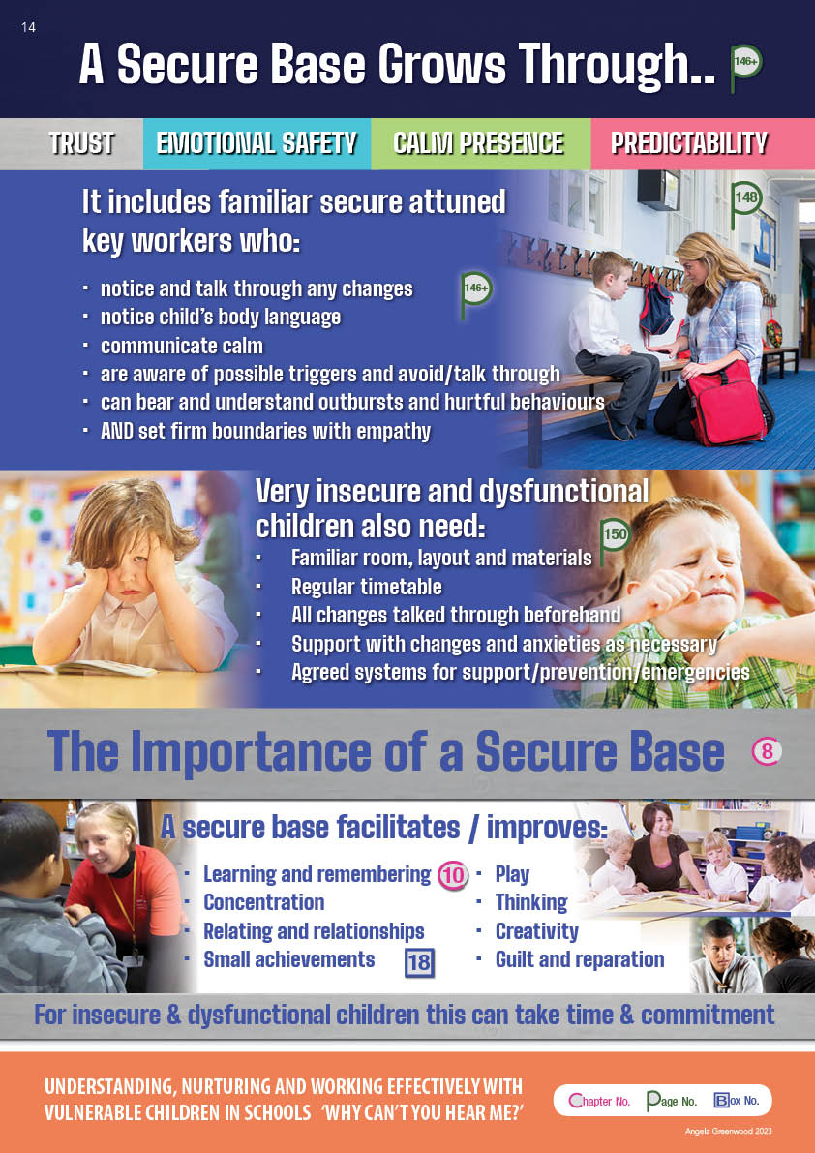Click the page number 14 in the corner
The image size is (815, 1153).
tap(29, 28)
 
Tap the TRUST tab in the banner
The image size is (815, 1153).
tap(81, 142)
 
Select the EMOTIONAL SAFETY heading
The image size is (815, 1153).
tap(257, 142)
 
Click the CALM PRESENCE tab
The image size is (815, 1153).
tap(478, 142)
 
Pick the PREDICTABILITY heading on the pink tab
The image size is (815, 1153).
tap(688, 142)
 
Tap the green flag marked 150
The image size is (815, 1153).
tap(614, 541)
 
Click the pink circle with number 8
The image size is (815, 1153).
tap(767, 751)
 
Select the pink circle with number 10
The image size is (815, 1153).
tap(453, 876)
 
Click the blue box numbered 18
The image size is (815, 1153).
tap(419, 962)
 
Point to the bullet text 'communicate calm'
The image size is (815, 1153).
tap(182, 346)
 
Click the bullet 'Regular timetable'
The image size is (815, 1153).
tap(366, 587)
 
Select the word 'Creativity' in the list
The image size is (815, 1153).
tap(536, 931)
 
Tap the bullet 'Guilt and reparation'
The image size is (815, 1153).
tap(580, 959)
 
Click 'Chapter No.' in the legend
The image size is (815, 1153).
tap(599, 1101)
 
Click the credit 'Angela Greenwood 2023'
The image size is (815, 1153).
tap(728, 1131)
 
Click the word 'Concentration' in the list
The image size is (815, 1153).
tap(264, 902)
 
